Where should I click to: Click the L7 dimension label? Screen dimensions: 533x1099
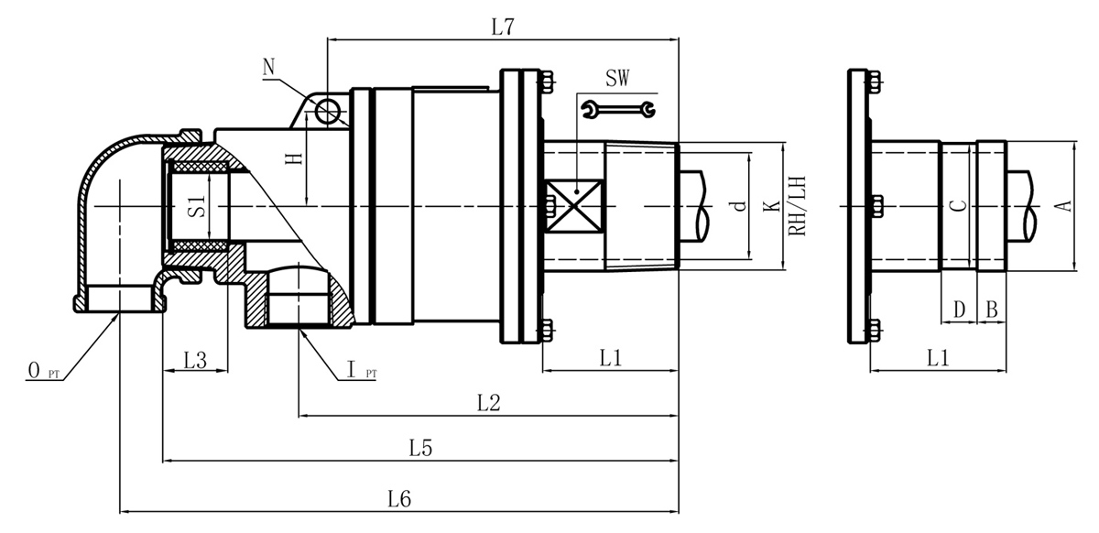tap(502, 27)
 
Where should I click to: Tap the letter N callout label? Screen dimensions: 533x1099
tap(268, 66)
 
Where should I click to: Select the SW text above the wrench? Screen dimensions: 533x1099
tap(616, 79)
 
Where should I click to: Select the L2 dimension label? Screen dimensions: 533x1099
tap(489, 403)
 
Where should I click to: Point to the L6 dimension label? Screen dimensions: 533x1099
tap(399, 499)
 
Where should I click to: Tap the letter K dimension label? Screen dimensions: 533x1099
tap(772, 206)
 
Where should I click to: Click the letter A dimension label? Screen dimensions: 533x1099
tap(1063, 205)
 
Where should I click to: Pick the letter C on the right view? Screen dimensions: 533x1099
tap(957, 206)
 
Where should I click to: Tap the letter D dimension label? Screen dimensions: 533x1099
tap(959, 310)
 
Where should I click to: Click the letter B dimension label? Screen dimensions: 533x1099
tap(991, 310)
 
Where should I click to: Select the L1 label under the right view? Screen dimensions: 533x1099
tap(938, 359)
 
